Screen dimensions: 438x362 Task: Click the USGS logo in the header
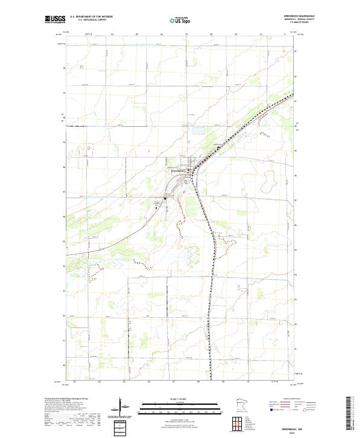coord(56,20)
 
